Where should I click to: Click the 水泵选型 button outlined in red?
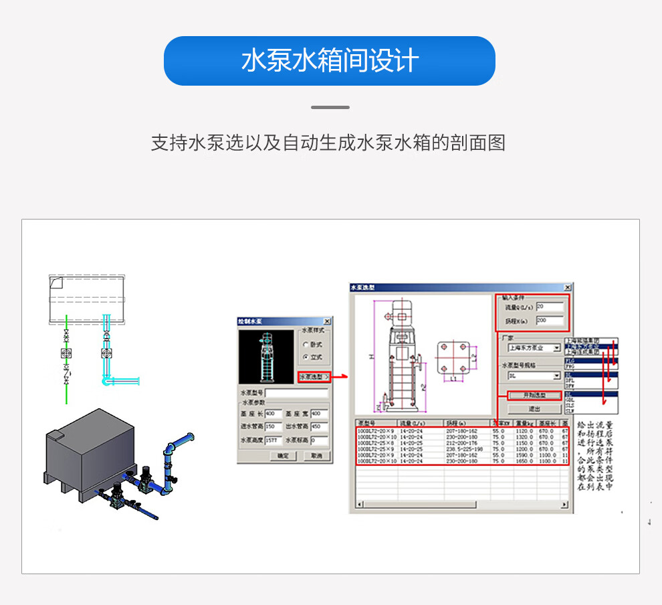pos(314,377)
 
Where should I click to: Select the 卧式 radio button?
pos(306,345)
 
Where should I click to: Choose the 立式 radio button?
pos(306,357)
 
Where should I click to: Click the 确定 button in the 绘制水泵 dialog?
pos(283,456)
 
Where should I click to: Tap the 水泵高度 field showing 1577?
pos(273,441)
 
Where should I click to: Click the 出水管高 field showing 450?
pos(319,426)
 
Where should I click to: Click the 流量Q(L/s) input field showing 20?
pos(550,307)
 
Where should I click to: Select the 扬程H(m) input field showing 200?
pos(550,321)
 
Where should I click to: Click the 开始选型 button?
pos(534,395)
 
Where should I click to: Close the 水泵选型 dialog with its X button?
pos(568,287)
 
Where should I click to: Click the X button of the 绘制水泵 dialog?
pos(326,322)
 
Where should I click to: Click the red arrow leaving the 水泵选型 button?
pos(341,377)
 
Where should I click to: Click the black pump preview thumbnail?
pos(266,356)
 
